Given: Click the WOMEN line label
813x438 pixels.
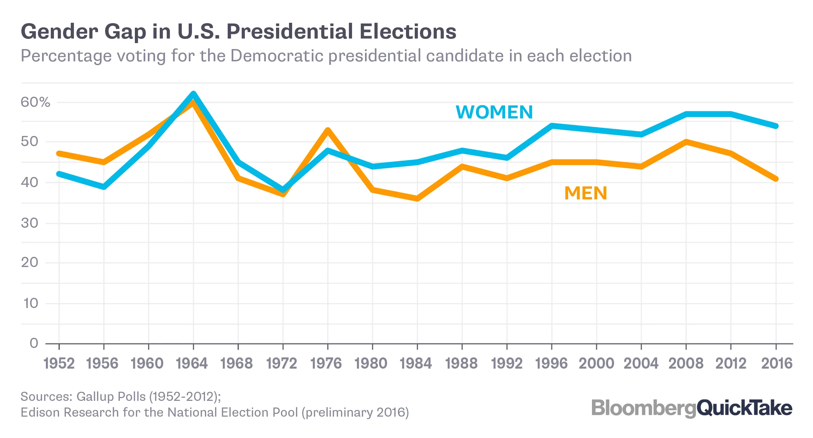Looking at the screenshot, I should pyautogui.click(x=494, y=112).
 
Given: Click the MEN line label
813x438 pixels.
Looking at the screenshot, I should pyautogui.click(x=585, y=193).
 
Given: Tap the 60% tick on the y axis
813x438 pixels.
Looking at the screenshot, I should pyautogui.click(x=35, y=102).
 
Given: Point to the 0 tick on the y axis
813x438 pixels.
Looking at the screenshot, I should pyautogui.click(x=34, y=343).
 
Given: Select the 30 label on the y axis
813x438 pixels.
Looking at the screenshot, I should pyautogui.click(x=29, y=223).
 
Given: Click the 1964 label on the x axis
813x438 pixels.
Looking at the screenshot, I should pyautogui.click(x=192, y=363).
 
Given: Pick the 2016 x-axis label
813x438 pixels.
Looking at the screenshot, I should pyautogui.click(x=776, y=363).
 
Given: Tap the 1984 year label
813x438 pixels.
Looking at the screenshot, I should pyautogui.click(x=416, y=363).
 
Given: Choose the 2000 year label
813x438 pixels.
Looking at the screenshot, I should pyautogui.click(x=596, y=363).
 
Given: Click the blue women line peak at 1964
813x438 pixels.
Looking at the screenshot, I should pyautogui.click(x=193, y=94).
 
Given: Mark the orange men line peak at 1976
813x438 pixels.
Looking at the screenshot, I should pyautogui.click(x=328, y=130).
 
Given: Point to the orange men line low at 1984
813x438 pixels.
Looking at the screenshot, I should pyautogui.click(x=417, y=199).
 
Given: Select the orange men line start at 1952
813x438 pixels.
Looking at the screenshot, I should pyautogui.click(x=59, y=153).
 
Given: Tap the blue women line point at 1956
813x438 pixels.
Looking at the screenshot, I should pyautogui.click(x=104, y=187).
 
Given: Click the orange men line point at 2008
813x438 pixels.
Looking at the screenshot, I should pyautogui.click(x=686, y=142).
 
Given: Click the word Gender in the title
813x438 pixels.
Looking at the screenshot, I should pyautogui.click(x=59, y=32).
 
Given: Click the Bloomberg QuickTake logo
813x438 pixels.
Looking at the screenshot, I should pyautogui.click(x=691, y=408).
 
